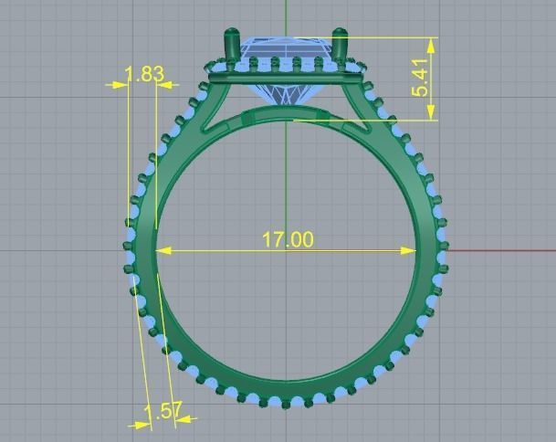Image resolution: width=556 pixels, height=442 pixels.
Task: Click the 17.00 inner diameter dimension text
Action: click(288, 240)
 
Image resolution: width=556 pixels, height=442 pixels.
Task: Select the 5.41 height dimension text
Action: click(420, 79)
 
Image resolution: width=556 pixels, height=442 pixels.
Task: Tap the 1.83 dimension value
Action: click(143, 74)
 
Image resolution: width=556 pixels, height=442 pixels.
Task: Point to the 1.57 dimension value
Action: click(163, 411)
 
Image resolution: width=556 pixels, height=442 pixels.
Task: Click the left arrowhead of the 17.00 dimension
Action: click(164, 249)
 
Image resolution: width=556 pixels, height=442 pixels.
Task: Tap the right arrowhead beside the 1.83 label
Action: click(165, 84)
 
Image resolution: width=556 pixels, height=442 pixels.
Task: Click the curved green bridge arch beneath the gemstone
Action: click(285, 112)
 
